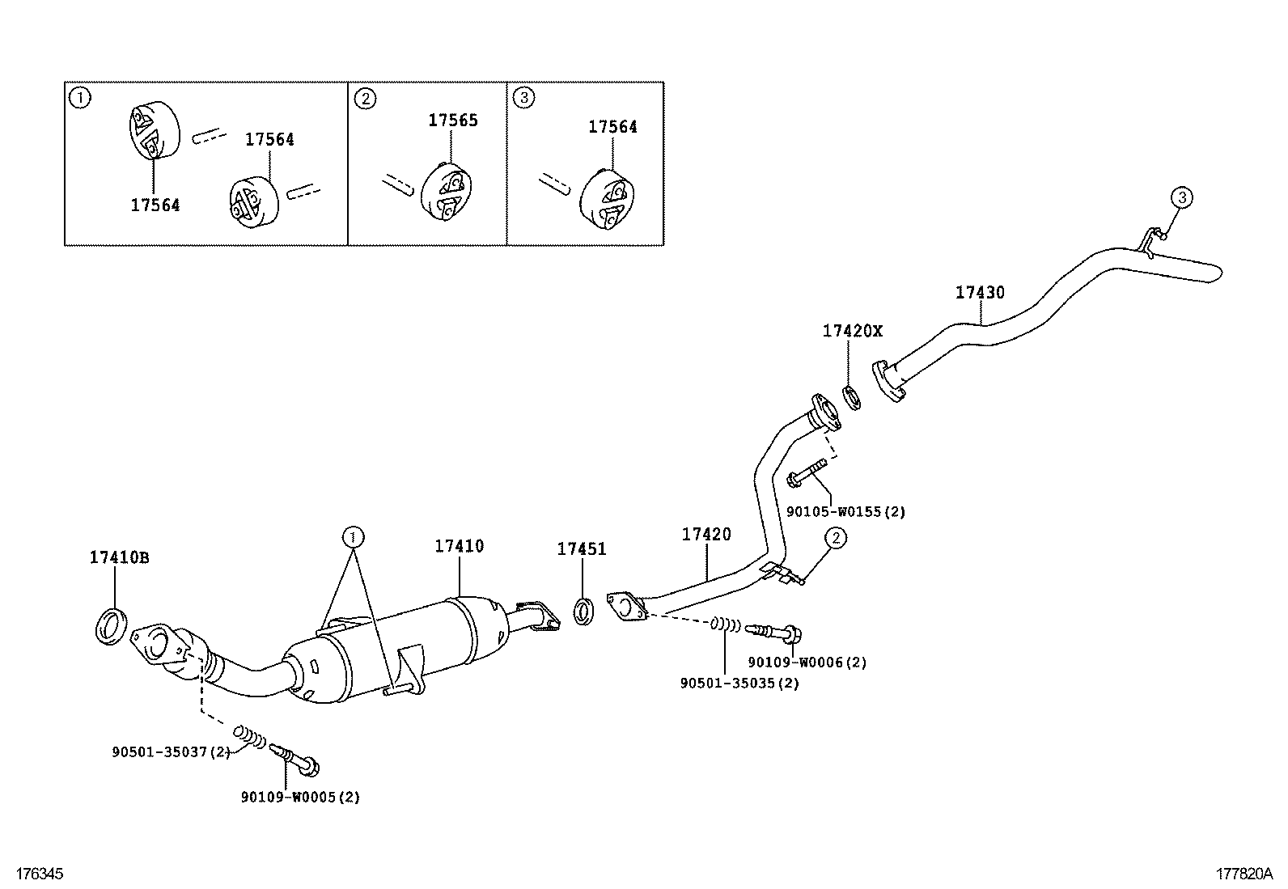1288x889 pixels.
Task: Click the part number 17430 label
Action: pyautogui.click(x=980, y=292)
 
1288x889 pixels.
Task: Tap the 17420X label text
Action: pyautogui.click(x=853, y=331)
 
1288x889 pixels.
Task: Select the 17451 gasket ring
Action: pyautogui.click(x=584, y=611)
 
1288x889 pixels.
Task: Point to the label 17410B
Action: pyautogui.click(x=119, y=557)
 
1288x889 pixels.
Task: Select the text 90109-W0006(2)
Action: pyautogui.click(x=807, y=663)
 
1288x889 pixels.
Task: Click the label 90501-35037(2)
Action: pyautogui.click(x=171, y=752)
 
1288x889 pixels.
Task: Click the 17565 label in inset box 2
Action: pyautogui.click(x=453, y=121)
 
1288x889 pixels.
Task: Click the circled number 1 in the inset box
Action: pyautogui.click(x=79, y=99)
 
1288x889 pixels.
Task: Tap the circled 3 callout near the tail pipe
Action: pyautogui.click(x=1181, y=197)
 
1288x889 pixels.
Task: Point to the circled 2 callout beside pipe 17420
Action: pyautogui.click(x=835, y=538)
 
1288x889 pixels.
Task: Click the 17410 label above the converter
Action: pyautogui.click(x=459, y=546)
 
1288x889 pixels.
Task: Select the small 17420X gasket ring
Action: pyautogui.click(x=851, y=397)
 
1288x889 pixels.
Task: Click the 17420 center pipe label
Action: pyautogui.click(x=705, y=534)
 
